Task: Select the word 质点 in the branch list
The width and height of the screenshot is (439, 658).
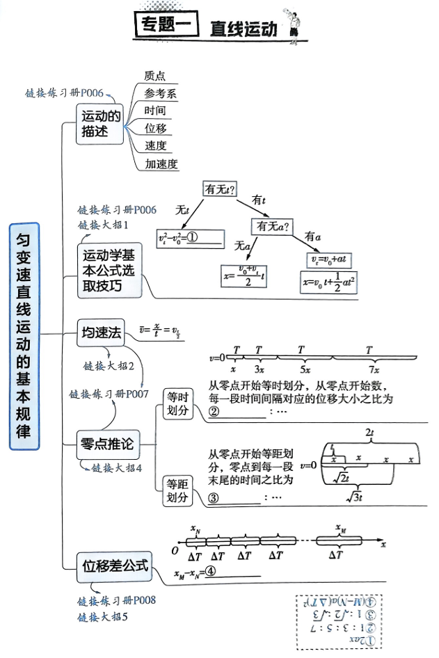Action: click(154, 77)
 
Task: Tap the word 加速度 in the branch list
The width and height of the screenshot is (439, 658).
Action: click(161, 164)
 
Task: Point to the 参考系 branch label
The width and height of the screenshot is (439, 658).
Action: click(160, 94)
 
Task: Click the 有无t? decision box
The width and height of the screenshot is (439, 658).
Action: click(218, 188)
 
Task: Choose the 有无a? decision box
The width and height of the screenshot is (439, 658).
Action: click(273, 226)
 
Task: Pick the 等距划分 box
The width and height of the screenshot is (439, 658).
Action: click(177, 491)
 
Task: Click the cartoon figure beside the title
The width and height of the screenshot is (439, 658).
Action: click(294, 26)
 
